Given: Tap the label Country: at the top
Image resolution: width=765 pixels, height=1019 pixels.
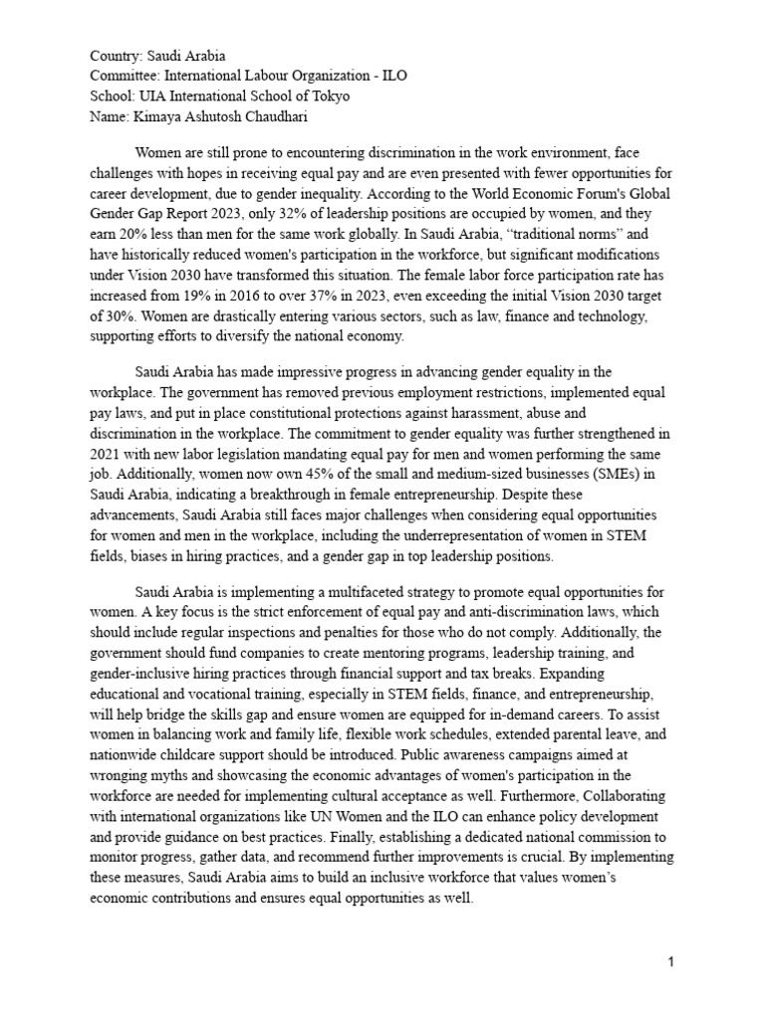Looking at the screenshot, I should click(x=118, y=56).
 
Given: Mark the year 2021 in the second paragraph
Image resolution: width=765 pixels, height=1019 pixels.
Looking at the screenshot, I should click(x=107, y=452).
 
